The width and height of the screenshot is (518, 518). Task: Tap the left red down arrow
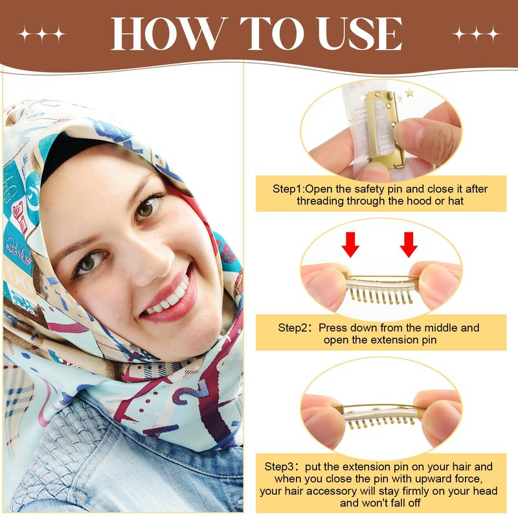[x=350, y=245]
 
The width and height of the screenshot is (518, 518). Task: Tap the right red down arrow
[x=409, y=245]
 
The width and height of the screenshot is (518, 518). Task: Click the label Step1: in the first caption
[x=289, y=189]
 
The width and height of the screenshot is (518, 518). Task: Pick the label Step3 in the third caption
[x=282, y=466]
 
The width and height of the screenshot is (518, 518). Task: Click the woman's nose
[x=150, y=261]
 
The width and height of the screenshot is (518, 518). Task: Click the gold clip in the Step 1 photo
[x=385, y=129]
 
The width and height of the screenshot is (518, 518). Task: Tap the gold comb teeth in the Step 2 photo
[x=381, y=296]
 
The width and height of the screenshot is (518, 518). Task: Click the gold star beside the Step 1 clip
[x=410, y=93]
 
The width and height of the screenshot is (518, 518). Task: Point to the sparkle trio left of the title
[x=42, y=34]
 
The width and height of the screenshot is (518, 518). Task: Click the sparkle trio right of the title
[x=477, y=34]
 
